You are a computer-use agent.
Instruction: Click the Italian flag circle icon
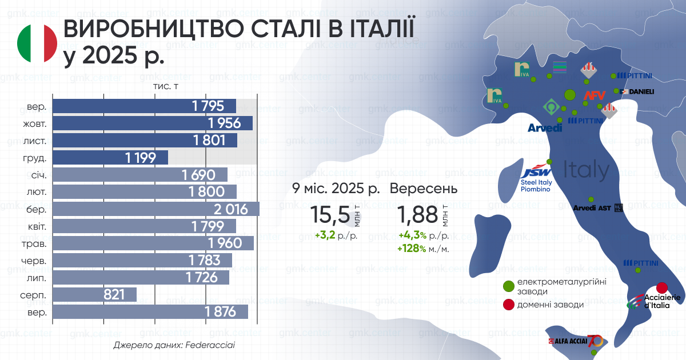pos(37,44)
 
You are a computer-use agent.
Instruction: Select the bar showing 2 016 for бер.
pos(156,209)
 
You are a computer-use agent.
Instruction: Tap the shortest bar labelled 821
pos(94,294)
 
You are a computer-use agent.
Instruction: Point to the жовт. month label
pos(36,123)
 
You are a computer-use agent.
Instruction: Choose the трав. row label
pos(36,243)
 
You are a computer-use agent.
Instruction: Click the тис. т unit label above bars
pos(166,86)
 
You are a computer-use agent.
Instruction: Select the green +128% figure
pos(412,249)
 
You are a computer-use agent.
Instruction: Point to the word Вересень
pos(424,188)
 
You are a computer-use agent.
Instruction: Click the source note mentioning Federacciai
pos(174,345)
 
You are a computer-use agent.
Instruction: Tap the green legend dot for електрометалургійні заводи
pos(508,286)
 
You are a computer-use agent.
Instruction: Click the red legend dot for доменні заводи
pos(508,305)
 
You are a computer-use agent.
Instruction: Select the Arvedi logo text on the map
pos(544,128)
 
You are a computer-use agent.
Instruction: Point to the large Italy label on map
pos(586,170)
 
